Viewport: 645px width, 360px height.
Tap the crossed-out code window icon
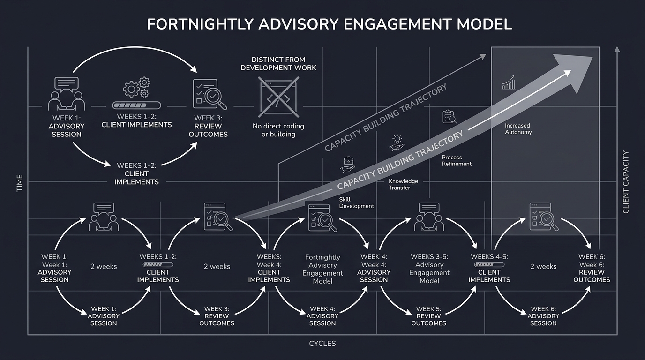tap(279, 97)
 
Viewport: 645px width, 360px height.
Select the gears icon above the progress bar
tap(136, 88)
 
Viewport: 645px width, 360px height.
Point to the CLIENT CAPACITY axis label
tap(626, 182)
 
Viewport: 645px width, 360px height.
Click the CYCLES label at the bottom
tap(322, 344)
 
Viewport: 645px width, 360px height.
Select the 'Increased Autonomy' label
tap(518, 129)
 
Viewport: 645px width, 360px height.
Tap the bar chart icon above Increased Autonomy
tap(508, 83)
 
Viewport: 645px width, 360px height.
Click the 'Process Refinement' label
tap(457, 161)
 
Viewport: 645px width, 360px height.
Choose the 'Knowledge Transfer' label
tap(403, 184)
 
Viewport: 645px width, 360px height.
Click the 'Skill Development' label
tap(356, 202)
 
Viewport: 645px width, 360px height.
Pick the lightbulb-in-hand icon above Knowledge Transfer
tap(397, 142)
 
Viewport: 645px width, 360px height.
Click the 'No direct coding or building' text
tap(278, 130)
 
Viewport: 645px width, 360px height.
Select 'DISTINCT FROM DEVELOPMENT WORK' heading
tap(278, 64)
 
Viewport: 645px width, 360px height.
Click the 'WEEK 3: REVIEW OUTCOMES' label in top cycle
tap(208, 126)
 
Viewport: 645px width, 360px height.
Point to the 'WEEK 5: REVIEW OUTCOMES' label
tap(428, 316)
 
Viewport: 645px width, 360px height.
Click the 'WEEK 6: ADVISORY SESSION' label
tap(543, 316)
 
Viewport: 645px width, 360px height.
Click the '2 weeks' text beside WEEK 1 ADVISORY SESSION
tap(104, 266)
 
